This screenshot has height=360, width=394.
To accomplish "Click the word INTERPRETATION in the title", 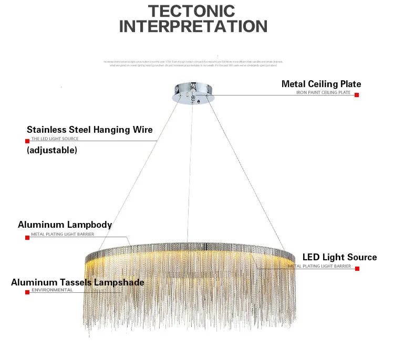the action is click(x=193, y=26).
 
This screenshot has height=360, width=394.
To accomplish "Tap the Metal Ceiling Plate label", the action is click(x=321, y=84).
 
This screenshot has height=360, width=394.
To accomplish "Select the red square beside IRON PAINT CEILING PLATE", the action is click(x=357, y=95).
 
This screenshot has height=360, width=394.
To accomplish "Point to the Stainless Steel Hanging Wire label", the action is click(x=90, y=130).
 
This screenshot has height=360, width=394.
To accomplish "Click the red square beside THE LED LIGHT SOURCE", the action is click(x=27, y=141).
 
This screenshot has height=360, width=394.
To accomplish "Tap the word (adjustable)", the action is click(x=52, y=150).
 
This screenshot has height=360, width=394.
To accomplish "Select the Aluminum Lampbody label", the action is click(x=65, y=225).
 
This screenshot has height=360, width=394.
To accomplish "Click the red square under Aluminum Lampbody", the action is click(x=27, y=237).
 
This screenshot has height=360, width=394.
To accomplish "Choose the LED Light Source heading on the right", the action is click(x=339, y=257).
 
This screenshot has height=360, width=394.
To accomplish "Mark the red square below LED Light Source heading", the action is click(x=357, y=268).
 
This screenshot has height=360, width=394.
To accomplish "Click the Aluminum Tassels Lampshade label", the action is click(x=78, y=282).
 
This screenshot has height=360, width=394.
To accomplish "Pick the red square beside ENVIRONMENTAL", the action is click(x=27, y=292).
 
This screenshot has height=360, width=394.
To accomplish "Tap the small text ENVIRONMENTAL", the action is click(x=51, y=290).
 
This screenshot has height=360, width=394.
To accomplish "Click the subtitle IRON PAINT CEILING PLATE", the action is click(x=323, y=93).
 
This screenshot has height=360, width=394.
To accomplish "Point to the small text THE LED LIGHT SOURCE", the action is click(x=55, y=139).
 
